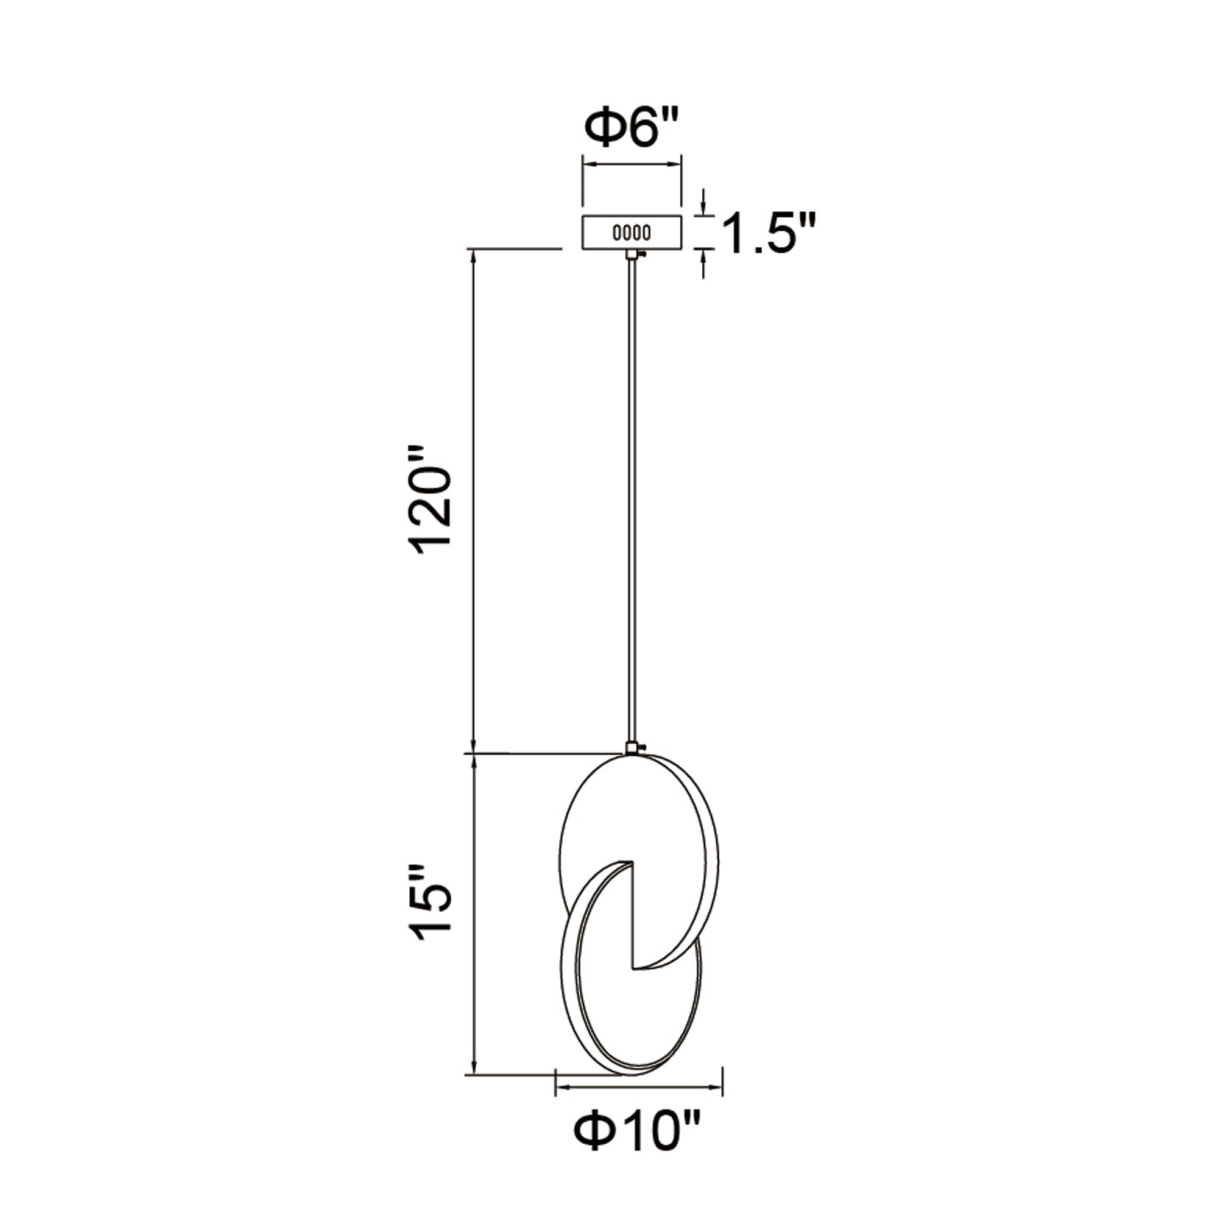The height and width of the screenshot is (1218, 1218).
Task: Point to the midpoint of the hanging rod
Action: (631, 501)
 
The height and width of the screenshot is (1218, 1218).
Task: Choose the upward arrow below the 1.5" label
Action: (704, 255)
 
